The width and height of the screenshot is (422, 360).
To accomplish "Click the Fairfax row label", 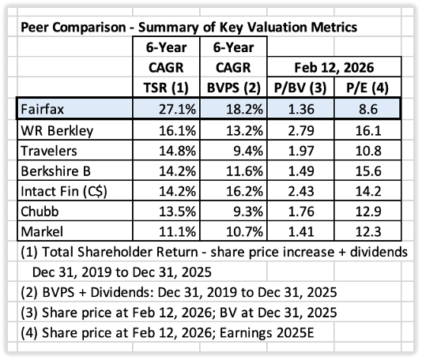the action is pyautogui.click(x=42, y=110).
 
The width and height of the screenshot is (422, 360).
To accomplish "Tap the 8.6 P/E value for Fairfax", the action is pyautogui.click(x=368, y=110).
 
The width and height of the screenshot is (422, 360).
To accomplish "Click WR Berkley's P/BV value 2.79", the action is pyautogui.click(x=301, y=131).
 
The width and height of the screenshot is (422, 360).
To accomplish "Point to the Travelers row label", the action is pyautogui.click(x=49, y=151).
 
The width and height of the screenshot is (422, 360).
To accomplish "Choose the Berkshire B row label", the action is pyautogui.click(x=55, y=171).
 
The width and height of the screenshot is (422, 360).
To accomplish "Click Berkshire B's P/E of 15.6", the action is pyautogui.click(x=368, y=171).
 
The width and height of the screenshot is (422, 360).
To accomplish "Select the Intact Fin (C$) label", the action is pyautogui.click(x=64, y=191).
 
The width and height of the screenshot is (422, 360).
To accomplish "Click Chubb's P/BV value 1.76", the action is pyautogui.click(x=301, y=212).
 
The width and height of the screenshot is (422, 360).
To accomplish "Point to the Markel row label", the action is pyautogui.click(x=42, y=232).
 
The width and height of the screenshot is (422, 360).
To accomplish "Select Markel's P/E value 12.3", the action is pyautogui.click(x=368, y=232).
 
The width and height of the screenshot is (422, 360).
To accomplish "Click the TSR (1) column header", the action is pyautogui.click(x=166, y=88).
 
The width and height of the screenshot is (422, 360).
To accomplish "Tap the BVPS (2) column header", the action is pyautogui.click(x=234, y=88).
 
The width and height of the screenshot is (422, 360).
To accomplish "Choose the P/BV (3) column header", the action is pyautogui.click(x=300, y=88).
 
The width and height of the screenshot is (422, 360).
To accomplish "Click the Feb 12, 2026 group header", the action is pyautogui.click(x=334, y=67).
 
